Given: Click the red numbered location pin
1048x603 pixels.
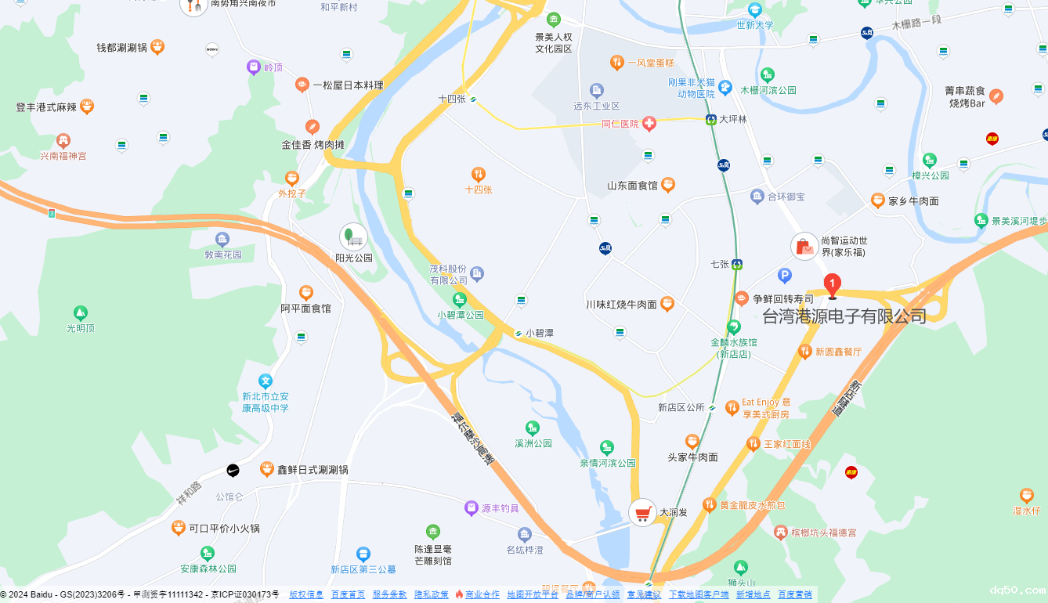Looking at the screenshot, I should [833, 285].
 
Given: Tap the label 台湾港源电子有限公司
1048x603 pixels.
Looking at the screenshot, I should [844, 316].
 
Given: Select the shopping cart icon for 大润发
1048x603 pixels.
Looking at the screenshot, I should [643, 513].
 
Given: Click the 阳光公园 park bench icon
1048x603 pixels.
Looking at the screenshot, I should [353, 237].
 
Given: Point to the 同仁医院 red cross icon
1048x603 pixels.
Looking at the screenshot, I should [649, 124].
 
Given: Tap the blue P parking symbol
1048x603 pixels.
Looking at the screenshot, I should [785, 275].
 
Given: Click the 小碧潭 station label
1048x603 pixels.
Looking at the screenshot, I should [540, 333].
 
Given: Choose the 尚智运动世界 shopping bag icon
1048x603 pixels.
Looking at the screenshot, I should [804, 247].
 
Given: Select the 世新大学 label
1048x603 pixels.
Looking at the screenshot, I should [755, 25].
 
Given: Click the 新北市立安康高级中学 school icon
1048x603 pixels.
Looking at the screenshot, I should [266, 381].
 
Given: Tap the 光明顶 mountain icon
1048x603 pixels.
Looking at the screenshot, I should [80, 313].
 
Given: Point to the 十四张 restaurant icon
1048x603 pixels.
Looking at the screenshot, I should [478, 174].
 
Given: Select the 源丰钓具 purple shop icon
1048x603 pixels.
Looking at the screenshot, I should [471, 508].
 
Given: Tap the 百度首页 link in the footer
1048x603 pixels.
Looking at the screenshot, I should [348, 594].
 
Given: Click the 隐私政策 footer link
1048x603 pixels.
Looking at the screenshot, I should [432, 594].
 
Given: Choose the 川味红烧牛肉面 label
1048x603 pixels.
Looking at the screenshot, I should [621, 304].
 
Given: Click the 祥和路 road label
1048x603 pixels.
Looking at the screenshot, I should [188, 493].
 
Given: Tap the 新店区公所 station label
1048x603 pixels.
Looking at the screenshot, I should [681, 407].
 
